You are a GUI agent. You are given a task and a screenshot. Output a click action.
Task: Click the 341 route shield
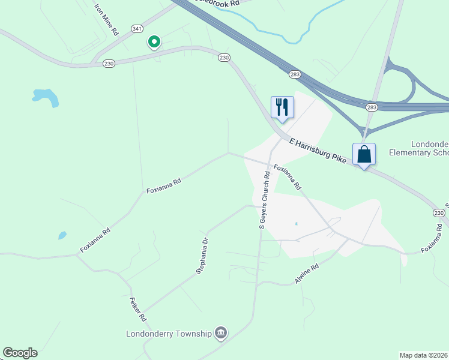point(138,28)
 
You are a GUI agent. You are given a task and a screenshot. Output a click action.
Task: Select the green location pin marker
point(154,42)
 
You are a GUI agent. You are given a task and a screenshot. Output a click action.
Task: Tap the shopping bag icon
point(364,154)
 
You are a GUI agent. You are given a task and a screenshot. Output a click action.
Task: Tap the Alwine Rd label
point(306,274)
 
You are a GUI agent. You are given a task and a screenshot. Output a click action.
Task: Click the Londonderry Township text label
point(169,334)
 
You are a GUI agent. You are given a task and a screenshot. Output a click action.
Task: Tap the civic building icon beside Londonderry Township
point(221,333)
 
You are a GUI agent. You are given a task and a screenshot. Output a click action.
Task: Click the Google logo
point(20,353)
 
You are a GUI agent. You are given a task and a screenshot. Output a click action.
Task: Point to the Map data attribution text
point(423,355)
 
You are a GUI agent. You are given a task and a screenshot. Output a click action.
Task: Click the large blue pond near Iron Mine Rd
point(46,97)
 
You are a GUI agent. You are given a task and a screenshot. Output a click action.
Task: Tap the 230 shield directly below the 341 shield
point(109,63)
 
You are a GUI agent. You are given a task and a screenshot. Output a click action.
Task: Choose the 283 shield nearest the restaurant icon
point(295,74)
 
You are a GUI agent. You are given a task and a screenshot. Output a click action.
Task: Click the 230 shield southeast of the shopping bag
point(439,214)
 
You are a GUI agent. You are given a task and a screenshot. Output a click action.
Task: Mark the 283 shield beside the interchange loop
point(372,107)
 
